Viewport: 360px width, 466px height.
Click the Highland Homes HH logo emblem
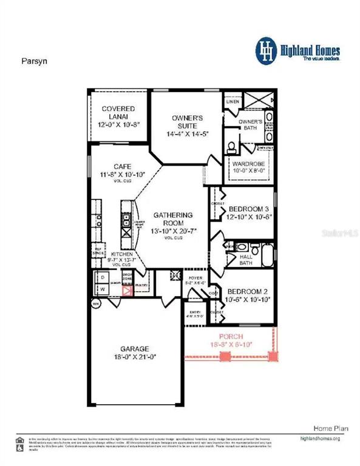265,48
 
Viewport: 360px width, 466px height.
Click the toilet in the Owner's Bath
231,147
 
